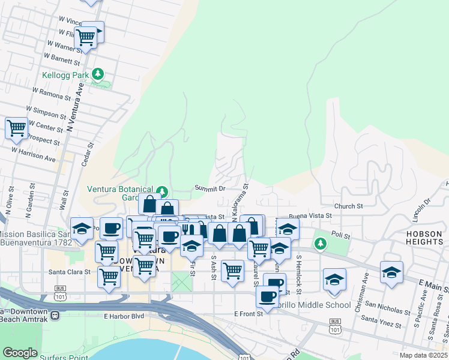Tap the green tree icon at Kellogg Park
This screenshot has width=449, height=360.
98,74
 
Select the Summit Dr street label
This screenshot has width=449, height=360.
209,188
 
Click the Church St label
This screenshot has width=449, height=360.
349,206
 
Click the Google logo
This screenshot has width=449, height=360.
20,353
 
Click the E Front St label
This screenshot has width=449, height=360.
249,314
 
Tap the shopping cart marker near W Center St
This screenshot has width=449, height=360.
16,128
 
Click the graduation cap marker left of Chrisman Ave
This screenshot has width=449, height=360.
334,279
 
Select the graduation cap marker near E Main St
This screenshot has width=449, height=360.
391,272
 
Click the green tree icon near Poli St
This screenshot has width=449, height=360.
321,243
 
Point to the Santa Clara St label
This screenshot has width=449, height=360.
69,271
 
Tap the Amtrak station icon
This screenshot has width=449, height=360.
55,314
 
